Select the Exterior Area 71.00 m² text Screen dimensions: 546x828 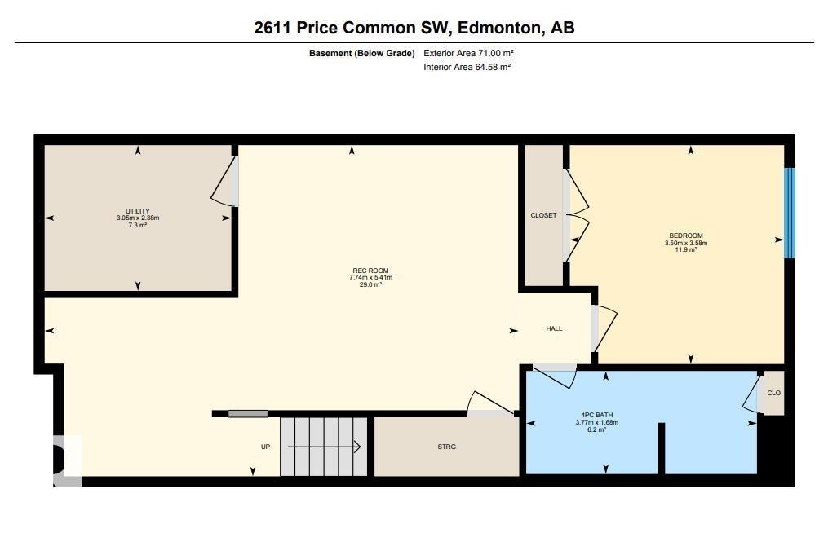468,53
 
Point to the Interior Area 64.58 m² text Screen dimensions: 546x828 467,67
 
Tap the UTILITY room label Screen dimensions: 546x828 137,211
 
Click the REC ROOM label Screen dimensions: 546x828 370,271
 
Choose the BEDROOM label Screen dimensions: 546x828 685,236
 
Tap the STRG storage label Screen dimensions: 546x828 446,447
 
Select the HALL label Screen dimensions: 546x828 554,328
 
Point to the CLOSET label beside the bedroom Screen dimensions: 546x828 543,215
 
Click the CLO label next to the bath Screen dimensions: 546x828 773,393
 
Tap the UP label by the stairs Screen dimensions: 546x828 265,447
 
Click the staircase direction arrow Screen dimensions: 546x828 324,446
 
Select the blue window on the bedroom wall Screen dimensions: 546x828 789,213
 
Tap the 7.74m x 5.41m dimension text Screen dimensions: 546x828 370,278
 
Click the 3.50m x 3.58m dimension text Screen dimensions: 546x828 685,243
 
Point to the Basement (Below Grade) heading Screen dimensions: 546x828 361,53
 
